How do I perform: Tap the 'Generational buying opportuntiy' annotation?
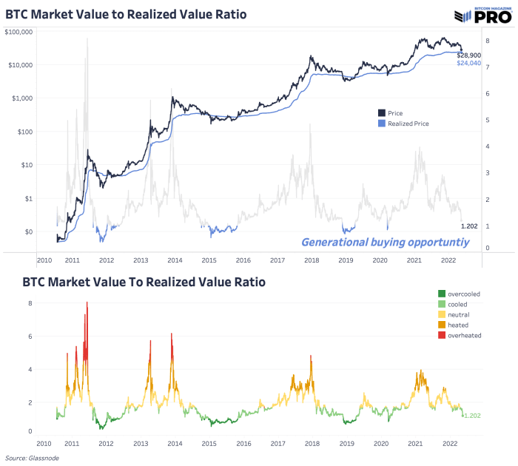(x=378, y=242)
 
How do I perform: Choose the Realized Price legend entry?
(x=408, y=124)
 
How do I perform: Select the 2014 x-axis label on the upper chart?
(x=175, y=260)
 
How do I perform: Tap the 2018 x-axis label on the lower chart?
(x=311, y=443)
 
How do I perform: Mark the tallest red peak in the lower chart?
(x=87, y=303)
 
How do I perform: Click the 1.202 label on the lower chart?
(x=472, y=416)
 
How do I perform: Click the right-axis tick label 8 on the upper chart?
(x=487, y=41)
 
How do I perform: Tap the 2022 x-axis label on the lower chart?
(x=448, y=443)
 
